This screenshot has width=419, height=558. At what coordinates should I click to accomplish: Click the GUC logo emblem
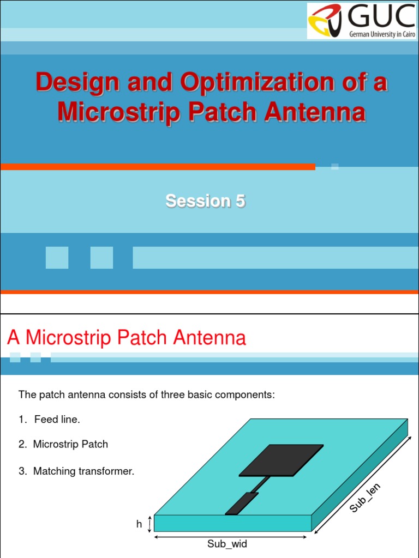click(325, 20)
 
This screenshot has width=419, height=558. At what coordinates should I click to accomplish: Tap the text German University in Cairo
click(382, 34)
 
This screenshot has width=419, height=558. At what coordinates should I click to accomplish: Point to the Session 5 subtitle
click(206, 201)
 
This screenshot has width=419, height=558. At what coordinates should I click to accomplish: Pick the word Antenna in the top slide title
click(315, 112)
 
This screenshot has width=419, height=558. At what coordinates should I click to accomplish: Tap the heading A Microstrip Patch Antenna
click(127, 337)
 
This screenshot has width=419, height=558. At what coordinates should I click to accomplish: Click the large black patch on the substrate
click(281, 460)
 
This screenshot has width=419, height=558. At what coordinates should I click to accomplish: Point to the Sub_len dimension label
click(365, 498)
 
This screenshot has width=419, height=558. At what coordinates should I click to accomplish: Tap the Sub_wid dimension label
click(227, 544)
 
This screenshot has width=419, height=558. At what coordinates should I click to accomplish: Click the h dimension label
click(139, 524)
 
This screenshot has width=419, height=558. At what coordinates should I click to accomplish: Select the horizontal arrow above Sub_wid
click(231, 537)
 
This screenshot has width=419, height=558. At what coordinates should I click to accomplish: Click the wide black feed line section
click(242, 504)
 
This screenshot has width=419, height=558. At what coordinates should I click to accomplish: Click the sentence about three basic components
click(147, 395)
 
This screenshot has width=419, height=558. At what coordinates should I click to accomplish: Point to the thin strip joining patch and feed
click(260, 484)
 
